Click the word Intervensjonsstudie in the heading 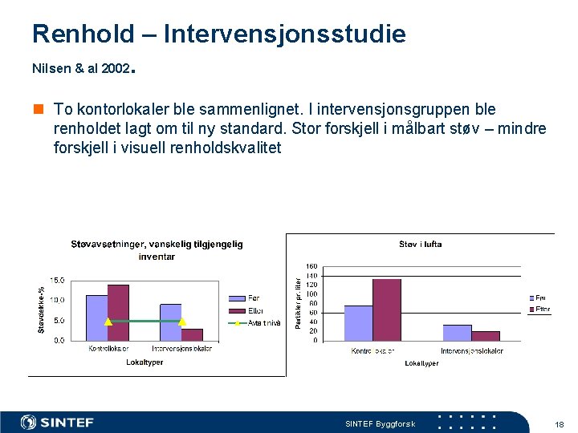[284, 34]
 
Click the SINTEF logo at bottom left [57, 423]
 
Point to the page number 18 [559, 424]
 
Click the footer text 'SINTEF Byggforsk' [380, 424]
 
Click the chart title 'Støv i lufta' [420, 245]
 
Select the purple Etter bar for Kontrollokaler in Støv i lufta [386, 310]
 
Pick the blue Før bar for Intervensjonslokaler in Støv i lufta [457, 333]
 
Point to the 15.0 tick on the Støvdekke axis [58, 281]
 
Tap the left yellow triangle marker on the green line [108, 321]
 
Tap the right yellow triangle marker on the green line [181, 321]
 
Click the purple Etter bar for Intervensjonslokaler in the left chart [192, 334]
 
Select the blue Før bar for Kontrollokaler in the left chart [96, 318]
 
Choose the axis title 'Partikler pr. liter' [298, 303]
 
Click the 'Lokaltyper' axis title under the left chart [144, 362]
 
